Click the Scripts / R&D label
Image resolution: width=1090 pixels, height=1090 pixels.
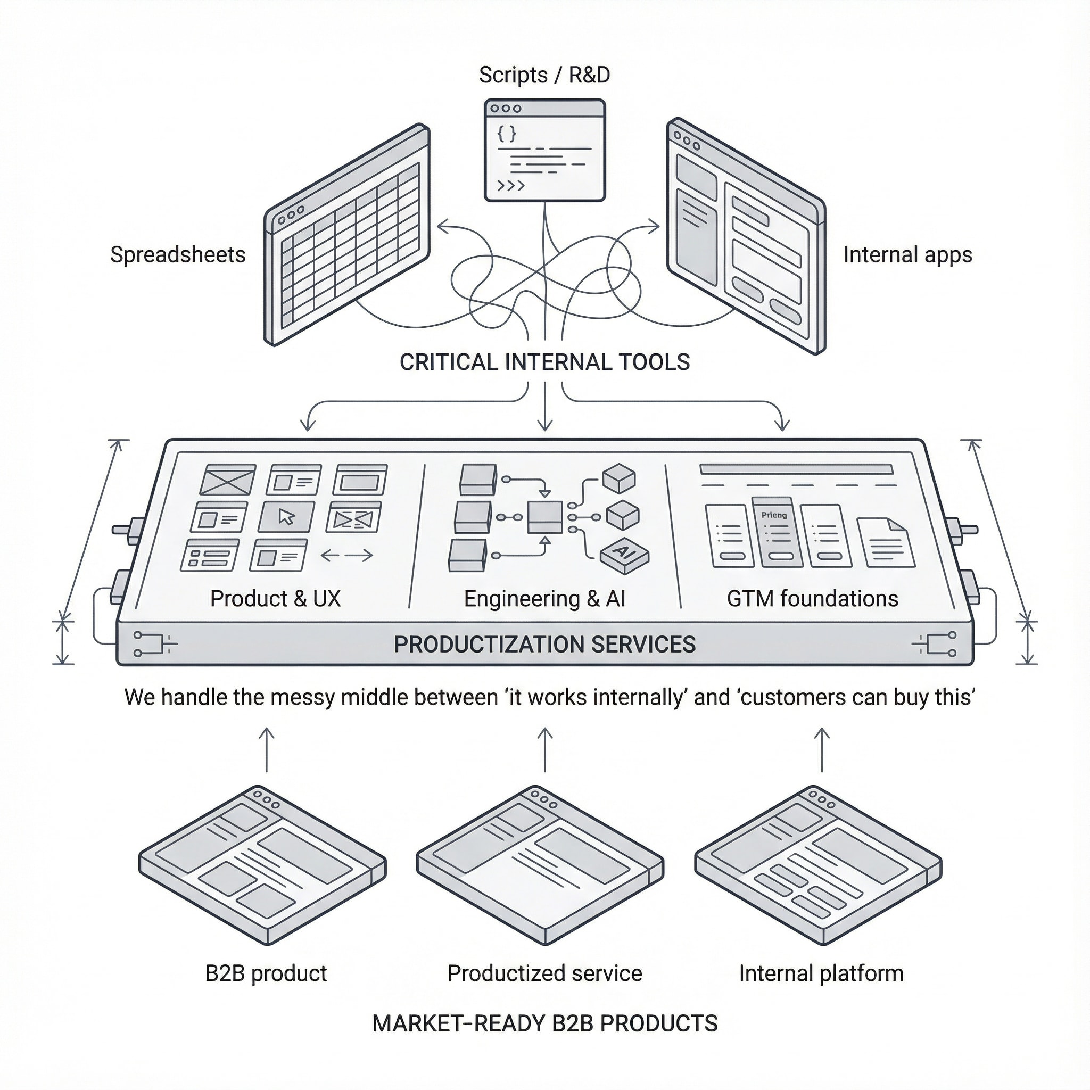544,75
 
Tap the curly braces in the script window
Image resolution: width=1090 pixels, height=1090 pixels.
507,133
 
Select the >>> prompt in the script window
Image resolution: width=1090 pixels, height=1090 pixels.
510,185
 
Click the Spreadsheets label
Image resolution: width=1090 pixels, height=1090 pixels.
178,254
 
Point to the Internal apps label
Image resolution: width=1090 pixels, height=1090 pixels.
907,254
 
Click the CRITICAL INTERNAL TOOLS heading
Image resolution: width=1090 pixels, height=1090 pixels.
544,361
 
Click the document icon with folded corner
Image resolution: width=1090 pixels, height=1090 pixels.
885,542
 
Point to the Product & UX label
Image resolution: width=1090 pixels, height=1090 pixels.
275,599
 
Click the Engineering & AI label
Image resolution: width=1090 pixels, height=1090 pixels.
544,599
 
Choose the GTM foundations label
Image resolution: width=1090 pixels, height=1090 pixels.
812,599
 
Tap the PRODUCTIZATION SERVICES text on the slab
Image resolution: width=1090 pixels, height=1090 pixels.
544,644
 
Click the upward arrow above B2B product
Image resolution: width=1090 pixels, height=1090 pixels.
266,749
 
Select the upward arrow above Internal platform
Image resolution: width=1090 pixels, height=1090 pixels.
822,749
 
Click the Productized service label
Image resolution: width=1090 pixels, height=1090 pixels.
544,973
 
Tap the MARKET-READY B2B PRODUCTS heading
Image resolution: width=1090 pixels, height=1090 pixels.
544,1023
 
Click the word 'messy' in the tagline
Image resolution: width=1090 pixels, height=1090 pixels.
305,697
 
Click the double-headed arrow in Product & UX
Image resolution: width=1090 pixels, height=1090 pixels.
346,556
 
